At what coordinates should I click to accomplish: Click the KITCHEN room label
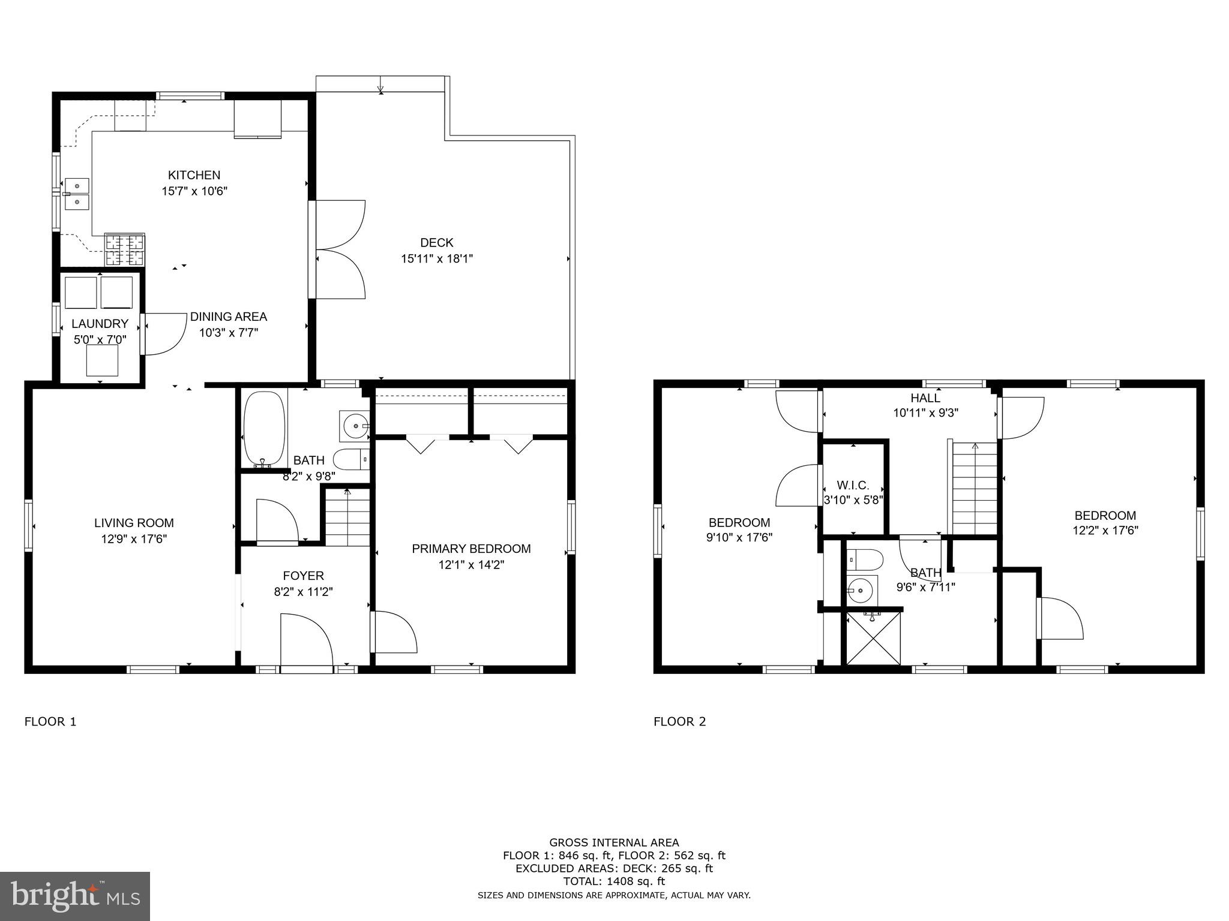point(194,175)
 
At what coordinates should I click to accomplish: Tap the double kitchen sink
point(77,194)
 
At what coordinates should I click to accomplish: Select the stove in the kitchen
point(125,249)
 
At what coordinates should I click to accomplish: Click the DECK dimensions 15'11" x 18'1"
point(437,259)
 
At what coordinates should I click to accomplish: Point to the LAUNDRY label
point(100,324)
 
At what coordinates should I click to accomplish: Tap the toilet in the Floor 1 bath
point(350,460)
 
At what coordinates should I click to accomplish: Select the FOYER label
point(303,576)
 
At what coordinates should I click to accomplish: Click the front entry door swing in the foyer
point(306,639)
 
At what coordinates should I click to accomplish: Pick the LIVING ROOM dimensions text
point(134,539)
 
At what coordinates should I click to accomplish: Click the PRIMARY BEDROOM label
point(471,549)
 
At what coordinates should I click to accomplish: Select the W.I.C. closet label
point(853,486)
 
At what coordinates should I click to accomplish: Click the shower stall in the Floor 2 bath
point(874,638)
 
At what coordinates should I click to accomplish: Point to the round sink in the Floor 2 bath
point(862,590)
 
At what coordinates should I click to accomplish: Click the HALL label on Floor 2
point(925,398)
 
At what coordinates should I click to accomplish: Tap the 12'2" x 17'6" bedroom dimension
point(1105,531)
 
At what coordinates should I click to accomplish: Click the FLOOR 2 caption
point(679,721)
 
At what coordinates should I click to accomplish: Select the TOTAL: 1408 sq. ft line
point(614,881)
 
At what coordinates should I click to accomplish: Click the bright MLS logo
point(75,896)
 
